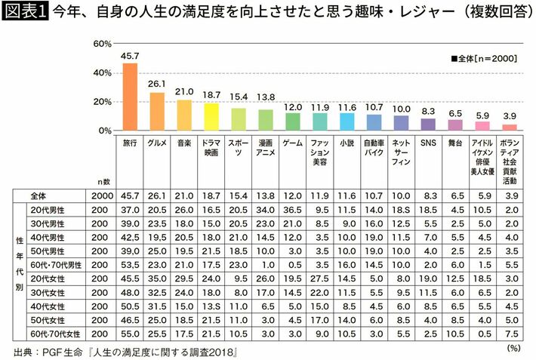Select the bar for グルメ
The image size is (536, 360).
tap(157, 112)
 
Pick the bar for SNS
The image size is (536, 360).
tap(428, 125)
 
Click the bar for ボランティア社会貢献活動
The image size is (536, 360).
tap(510, 128)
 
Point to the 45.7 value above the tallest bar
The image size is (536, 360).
tap(130, 57)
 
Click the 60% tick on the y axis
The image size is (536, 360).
tap(102, 45)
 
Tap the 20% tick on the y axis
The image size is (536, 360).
tap(102, 102)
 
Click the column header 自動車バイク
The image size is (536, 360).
tap(374, 147)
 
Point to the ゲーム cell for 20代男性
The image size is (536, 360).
tap(293, 208)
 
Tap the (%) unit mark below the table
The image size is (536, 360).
tap(513, 347)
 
